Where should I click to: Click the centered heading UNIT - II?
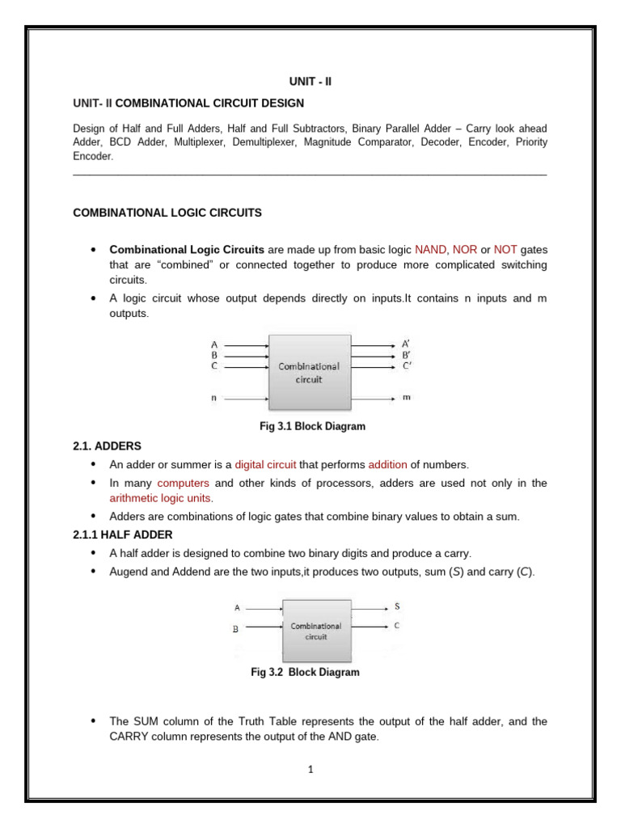point(310,82)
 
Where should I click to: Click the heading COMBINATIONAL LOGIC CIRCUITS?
point(167,213)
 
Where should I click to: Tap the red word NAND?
point(430,250)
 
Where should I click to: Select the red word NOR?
point(465,250)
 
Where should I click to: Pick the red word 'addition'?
point(387,464)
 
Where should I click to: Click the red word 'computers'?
point(183,483)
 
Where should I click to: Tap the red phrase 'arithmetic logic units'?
point(159,498)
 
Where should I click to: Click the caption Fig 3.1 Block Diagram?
point(310,425)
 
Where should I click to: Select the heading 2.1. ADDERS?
point(108,446)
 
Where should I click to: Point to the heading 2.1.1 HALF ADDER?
point(123,534)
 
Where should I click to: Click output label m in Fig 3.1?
point(406,398)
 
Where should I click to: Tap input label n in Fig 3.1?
point(213,398)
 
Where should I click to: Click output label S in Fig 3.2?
point(396,606)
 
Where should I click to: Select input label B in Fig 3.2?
point(235,628)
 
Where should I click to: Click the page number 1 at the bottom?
point(310,769)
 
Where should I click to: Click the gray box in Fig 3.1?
point(310,372)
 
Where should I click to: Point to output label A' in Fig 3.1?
point(406,344)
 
